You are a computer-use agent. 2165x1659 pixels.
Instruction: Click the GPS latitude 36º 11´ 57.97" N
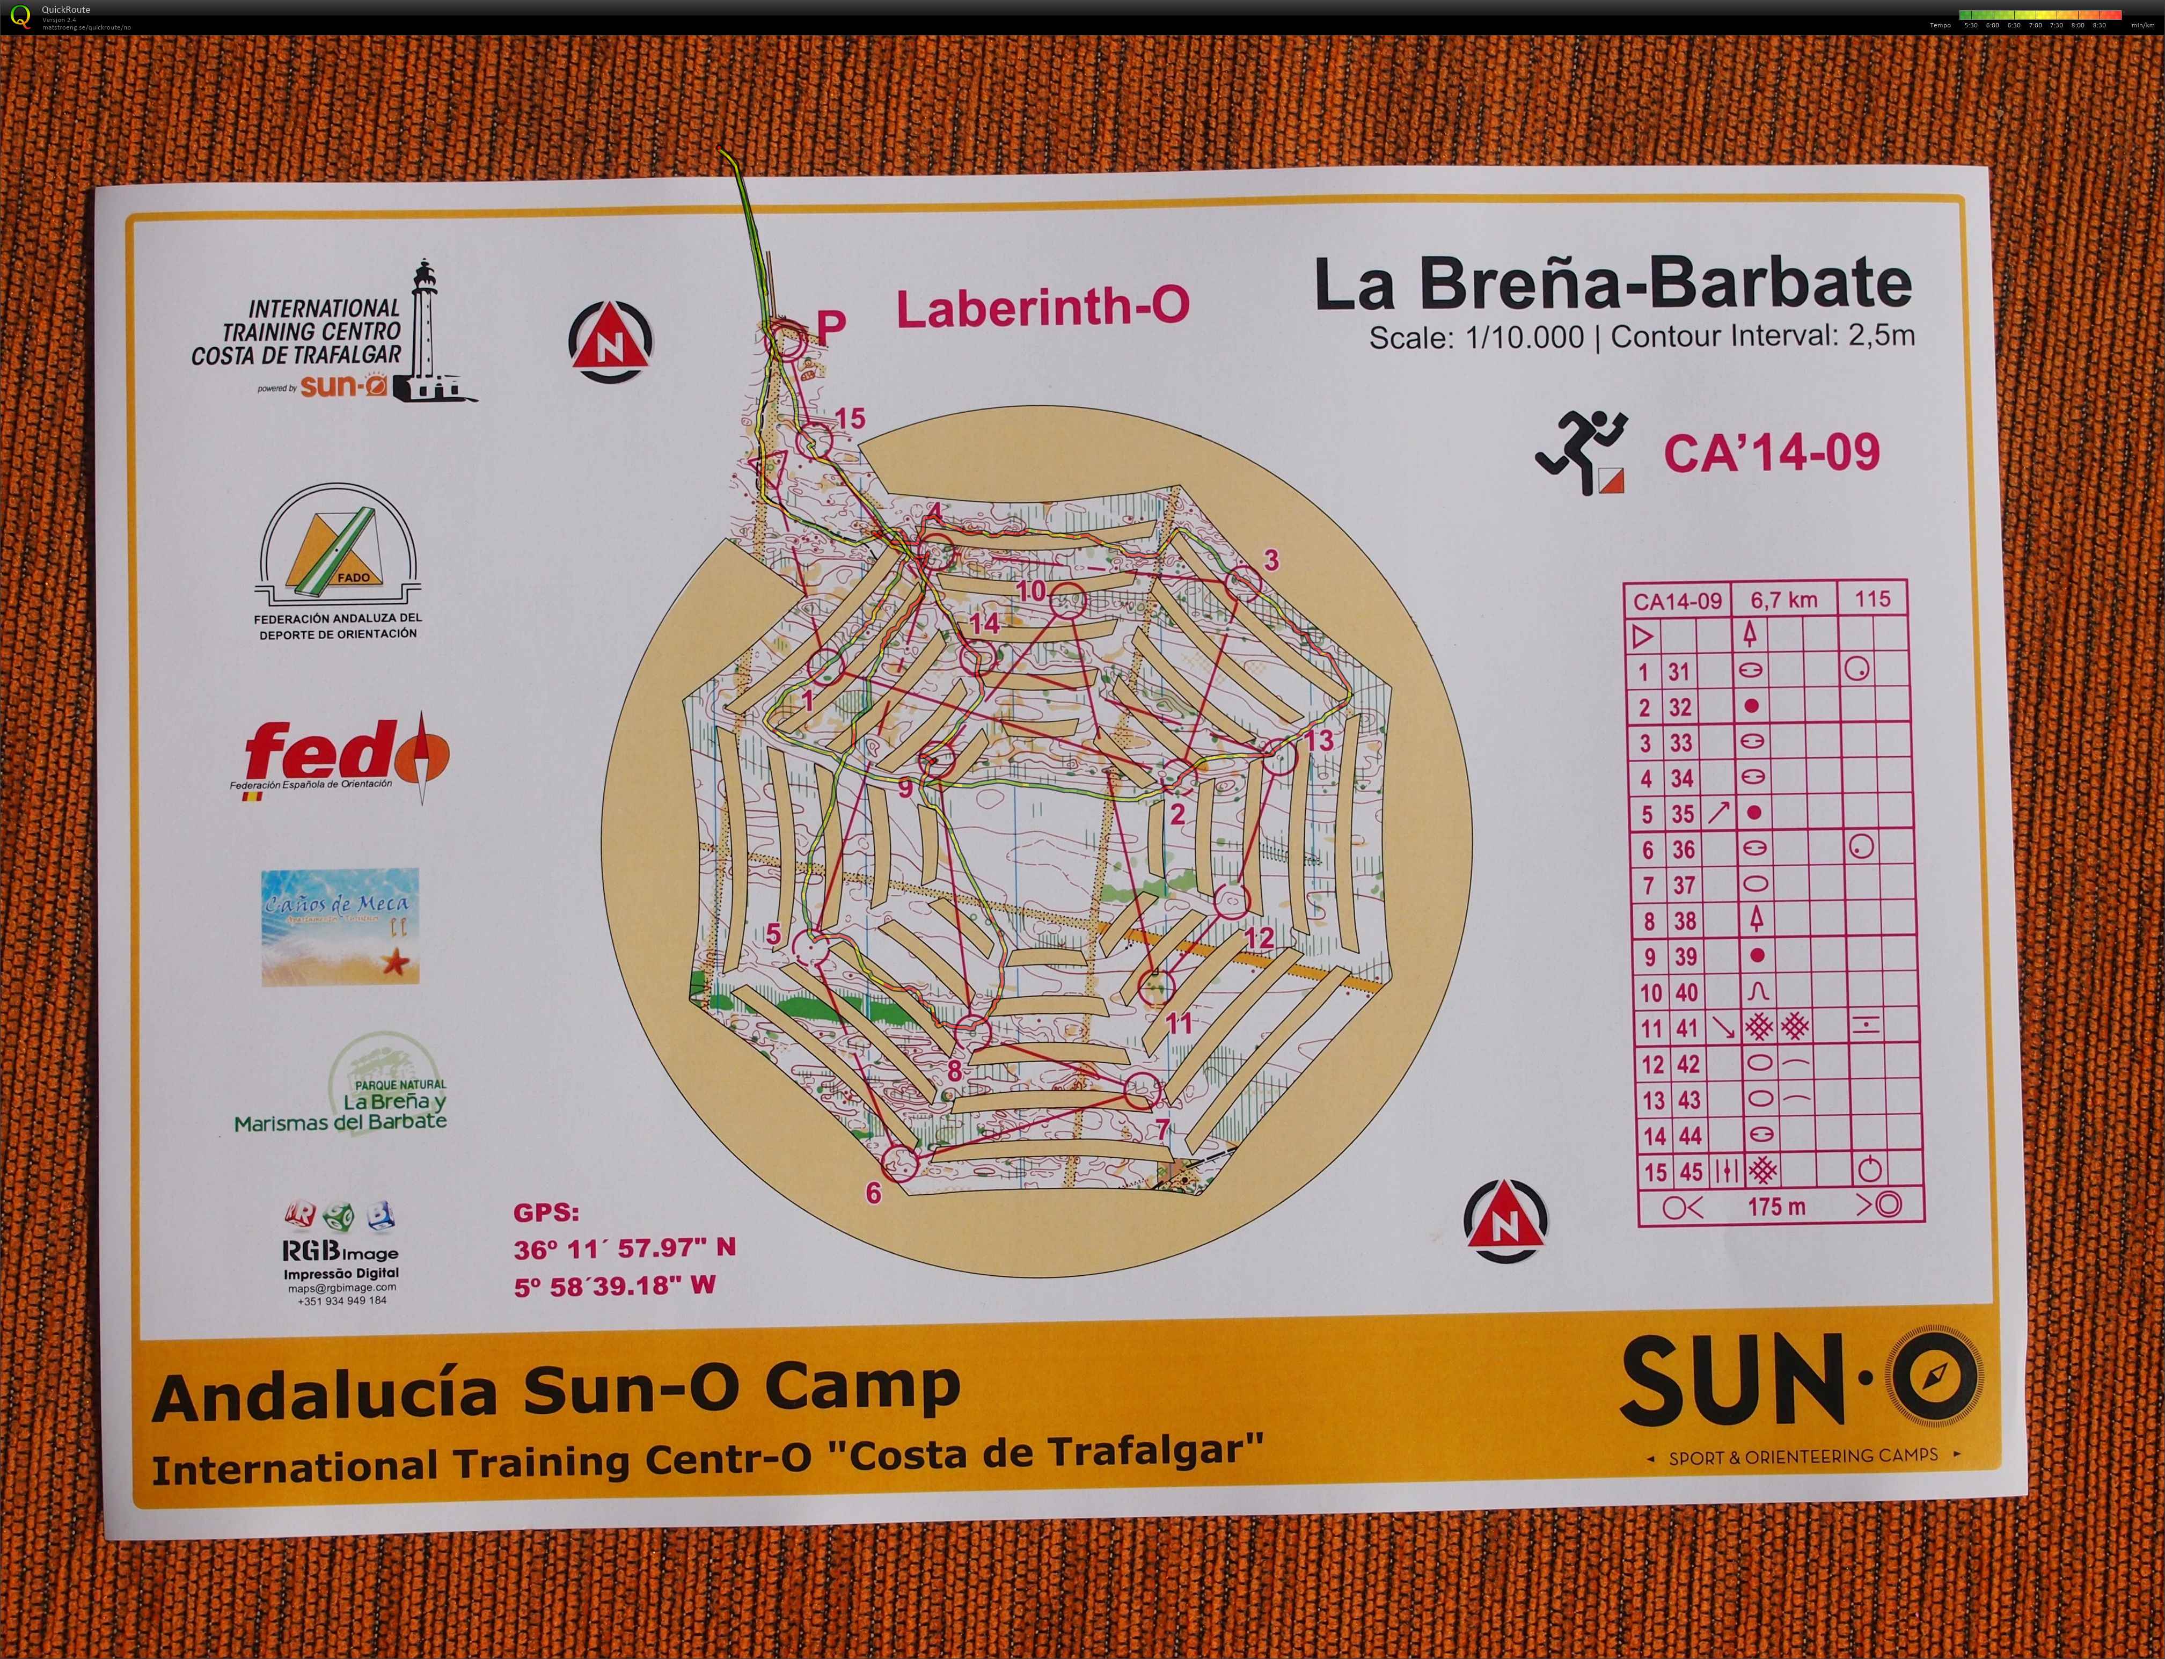pyautogui.click(x=624, y=1248)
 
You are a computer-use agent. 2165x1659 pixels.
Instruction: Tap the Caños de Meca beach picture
pyautogui.click(x=340, y=926)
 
